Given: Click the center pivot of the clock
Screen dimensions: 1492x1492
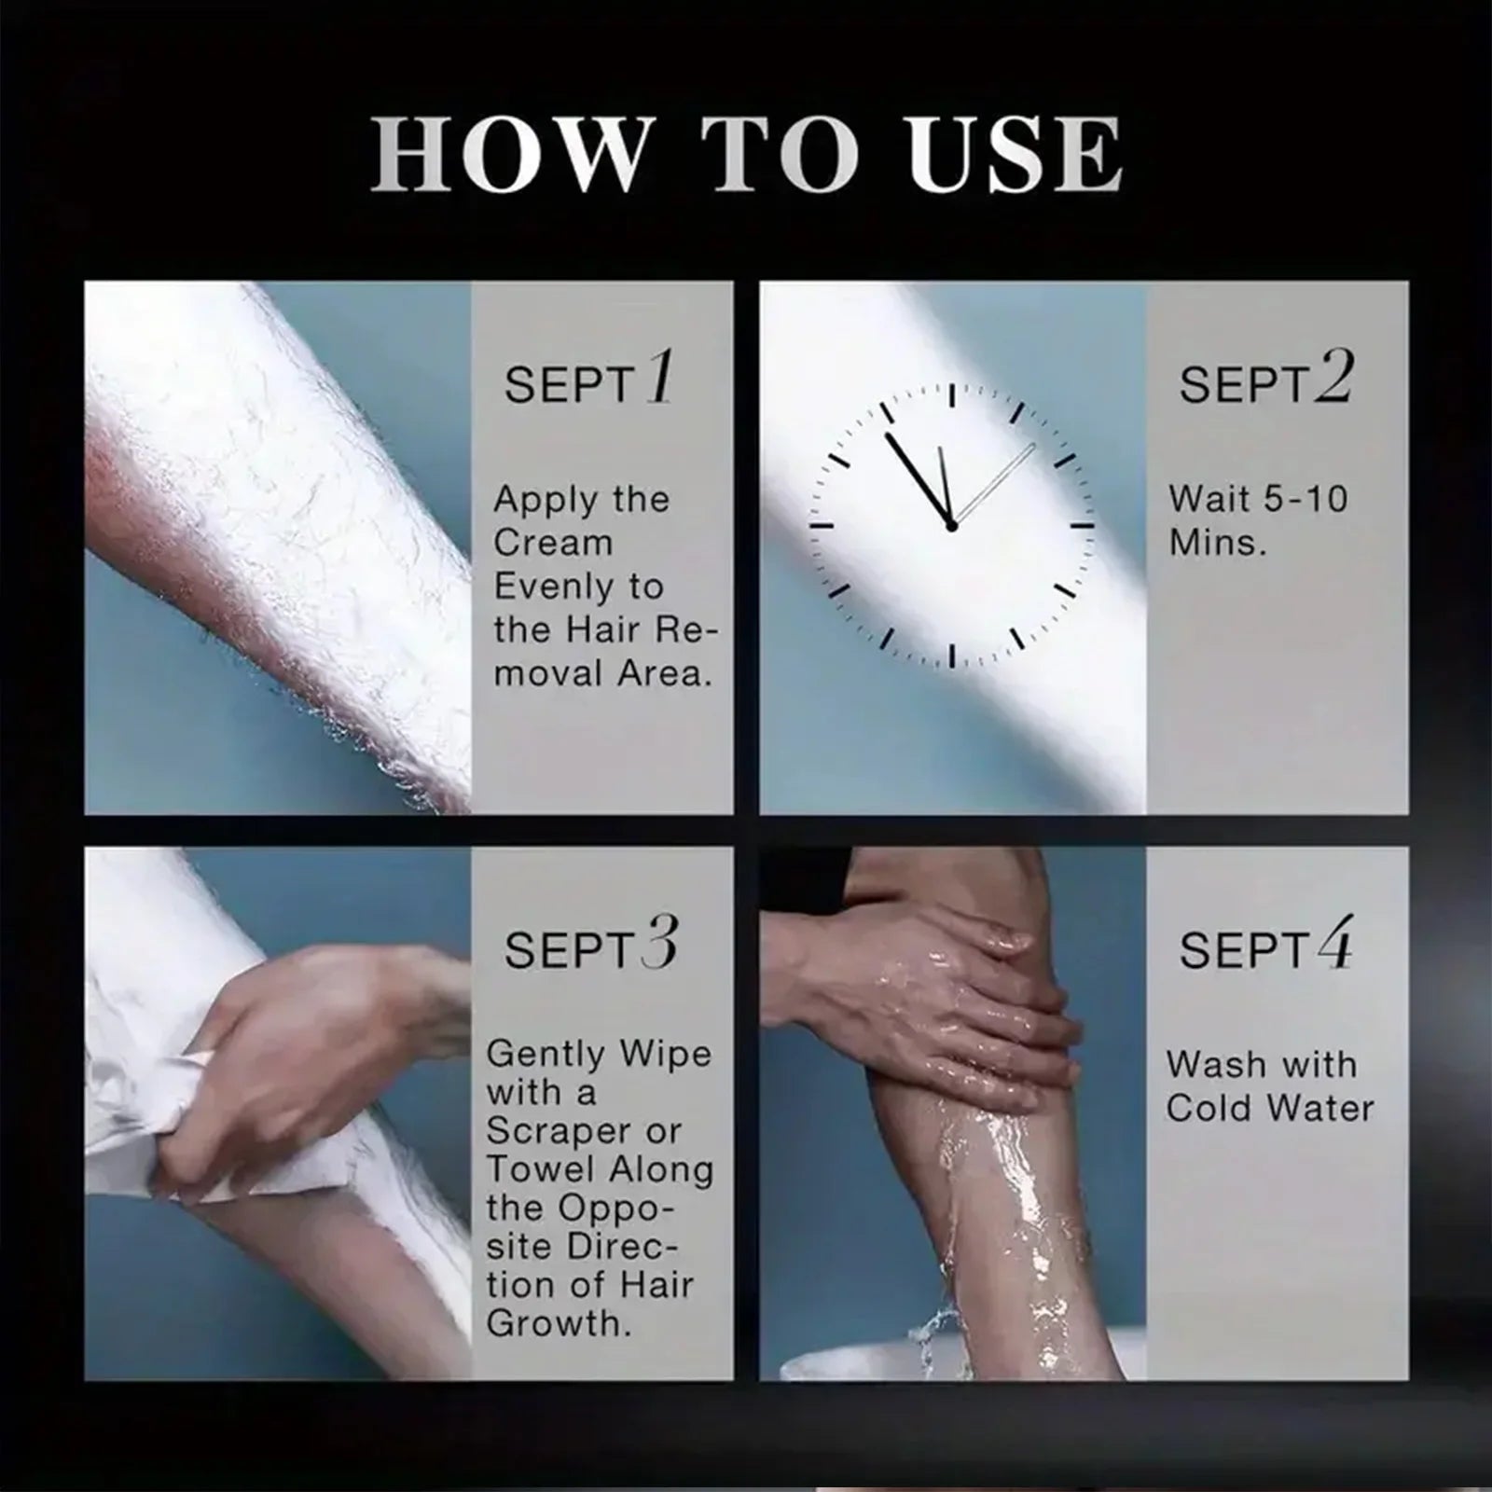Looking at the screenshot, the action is point(951,526).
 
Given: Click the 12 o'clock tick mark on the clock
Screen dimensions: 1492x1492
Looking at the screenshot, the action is point(951,395).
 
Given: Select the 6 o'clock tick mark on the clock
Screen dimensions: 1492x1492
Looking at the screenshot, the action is point(951,656).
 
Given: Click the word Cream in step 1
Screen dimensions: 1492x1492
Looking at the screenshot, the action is point(553,542).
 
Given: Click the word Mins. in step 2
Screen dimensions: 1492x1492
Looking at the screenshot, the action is point(1218,542).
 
